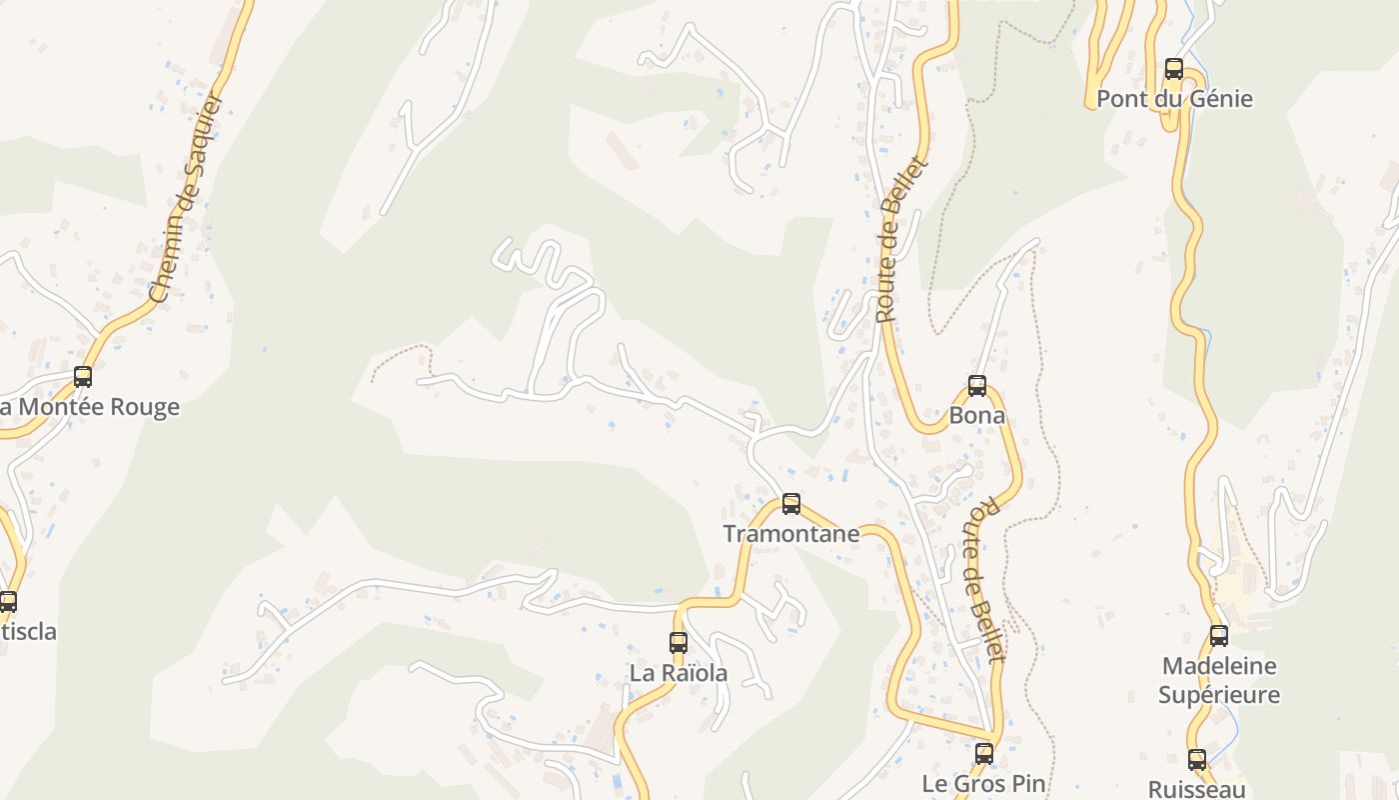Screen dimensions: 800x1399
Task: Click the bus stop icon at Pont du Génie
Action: tap(1174, 69)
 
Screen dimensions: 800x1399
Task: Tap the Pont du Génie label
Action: tap(1174, 99)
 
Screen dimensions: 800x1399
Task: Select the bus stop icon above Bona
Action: tap(977, 386)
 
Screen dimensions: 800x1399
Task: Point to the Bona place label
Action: tap(977, 415)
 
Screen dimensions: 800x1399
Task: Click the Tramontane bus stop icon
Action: tap(791, 504)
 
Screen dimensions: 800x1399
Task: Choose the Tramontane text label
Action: tap(791, 534)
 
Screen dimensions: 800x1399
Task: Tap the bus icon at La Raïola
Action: tap(679, 643)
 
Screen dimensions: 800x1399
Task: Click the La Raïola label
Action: tap(679, 673)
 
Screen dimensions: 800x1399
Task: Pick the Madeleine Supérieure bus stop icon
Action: tap(1219, 636)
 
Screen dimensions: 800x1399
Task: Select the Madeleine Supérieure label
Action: tap(1219, 680)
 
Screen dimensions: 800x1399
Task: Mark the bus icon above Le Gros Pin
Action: tap(984, 754)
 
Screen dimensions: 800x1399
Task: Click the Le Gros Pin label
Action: tap(984, 783)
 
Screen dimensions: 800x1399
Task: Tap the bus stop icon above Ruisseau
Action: tap(1197, 760)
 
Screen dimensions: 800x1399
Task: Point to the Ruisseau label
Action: tap(1197, 789)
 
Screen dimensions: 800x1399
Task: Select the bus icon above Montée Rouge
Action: tap(83, 377)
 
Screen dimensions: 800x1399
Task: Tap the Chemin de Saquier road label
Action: tap(184, 198)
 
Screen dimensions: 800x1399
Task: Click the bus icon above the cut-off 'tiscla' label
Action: tap(8, 602)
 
